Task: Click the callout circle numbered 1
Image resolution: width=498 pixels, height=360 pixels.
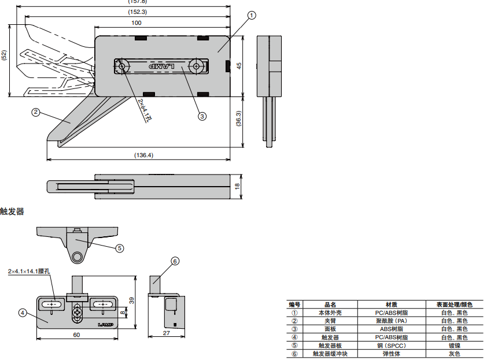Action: pos(251,16)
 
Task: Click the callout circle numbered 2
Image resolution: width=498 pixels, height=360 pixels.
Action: pos(35,112)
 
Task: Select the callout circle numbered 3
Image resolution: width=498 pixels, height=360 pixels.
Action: pos(202,116)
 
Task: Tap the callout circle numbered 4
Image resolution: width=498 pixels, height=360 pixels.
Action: pos(23,313)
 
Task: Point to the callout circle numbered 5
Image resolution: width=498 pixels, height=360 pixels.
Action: pos(119,248)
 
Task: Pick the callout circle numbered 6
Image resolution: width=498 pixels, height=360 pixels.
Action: pos(175,261)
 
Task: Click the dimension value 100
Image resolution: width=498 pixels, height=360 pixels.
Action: pos(137,23)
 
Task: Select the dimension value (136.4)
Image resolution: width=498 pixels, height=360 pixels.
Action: pos(143,155)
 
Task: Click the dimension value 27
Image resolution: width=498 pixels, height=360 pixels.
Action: pos(165,333)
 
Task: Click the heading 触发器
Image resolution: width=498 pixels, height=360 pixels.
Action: pos(12,211)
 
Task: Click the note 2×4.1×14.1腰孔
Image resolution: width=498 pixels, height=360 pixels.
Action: pos(29,271)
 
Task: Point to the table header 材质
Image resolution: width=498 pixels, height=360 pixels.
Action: pos(392,305)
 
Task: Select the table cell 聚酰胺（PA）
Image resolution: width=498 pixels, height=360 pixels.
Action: pos(392,321)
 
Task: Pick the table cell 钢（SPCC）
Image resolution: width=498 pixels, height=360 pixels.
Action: pos(392,346)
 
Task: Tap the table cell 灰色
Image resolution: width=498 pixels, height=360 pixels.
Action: pos(454,354)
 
